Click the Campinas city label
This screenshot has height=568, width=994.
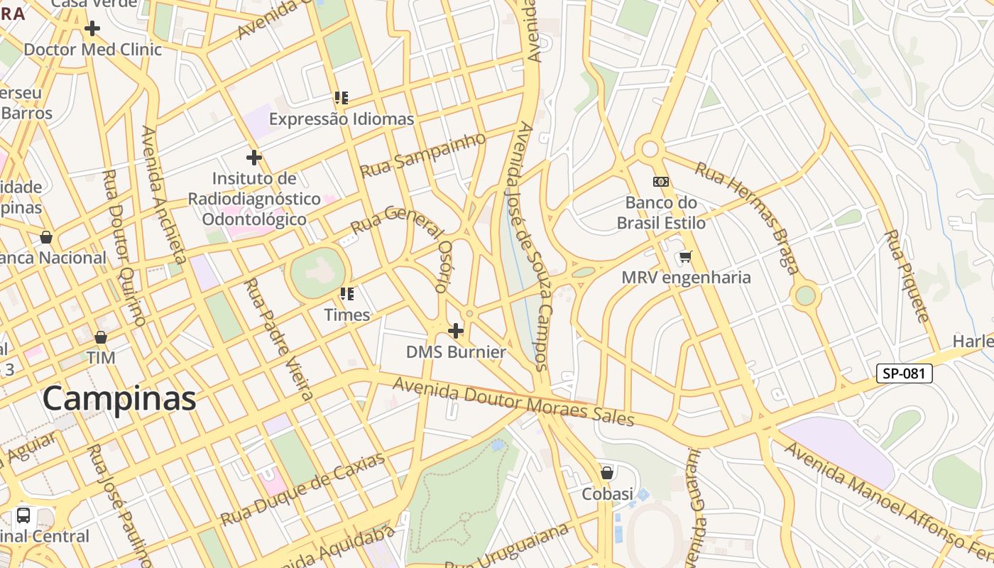pos(119,399)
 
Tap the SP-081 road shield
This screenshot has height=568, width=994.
pos(904,373)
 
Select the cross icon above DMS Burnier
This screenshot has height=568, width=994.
pos(456,331)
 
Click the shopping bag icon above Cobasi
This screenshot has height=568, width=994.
pos(607,472)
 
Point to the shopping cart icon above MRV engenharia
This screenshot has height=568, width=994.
pos(685,256)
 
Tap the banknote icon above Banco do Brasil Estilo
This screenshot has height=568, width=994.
pos(661,182)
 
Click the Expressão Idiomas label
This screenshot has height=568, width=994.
pos(341,119)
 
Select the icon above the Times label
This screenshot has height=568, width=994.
pos(346,293)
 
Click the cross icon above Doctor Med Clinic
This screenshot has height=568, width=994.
pos(92,28)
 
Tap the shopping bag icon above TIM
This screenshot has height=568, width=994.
pos(101,337)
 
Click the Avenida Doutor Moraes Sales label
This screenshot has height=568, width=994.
pos(513,402)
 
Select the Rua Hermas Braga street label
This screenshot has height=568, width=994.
pos(747,217)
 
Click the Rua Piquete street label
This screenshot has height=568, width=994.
pos(906,275)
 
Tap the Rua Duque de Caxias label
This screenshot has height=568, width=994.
pos(303,489)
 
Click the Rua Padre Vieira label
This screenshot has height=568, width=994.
pos(278,339)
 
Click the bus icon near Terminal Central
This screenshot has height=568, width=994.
pos(23,515)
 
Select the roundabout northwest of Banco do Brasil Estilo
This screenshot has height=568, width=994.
pos(649,149)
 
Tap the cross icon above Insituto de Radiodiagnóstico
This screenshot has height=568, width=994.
pos(254,158)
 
